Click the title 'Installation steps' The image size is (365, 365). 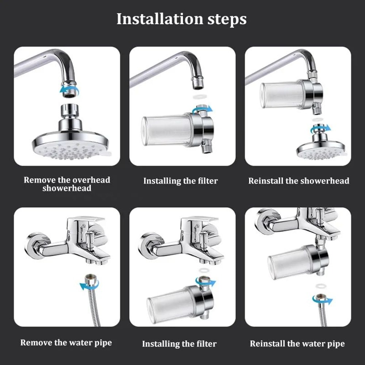[x=181, y=19]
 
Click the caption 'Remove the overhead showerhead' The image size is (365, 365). [x=67, y=184]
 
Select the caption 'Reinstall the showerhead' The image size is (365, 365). [x=299, y=181]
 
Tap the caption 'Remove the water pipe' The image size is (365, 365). [x=66, y=342]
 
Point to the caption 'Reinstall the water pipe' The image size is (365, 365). [x=297, y=343]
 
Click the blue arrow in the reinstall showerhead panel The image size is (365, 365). [x=320, y=128]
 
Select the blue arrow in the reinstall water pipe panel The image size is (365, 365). [x=323, y=300]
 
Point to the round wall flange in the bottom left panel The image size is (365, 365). [x=36, y=245]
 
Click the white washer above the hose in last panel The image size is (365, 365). [x=320, y=285]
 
